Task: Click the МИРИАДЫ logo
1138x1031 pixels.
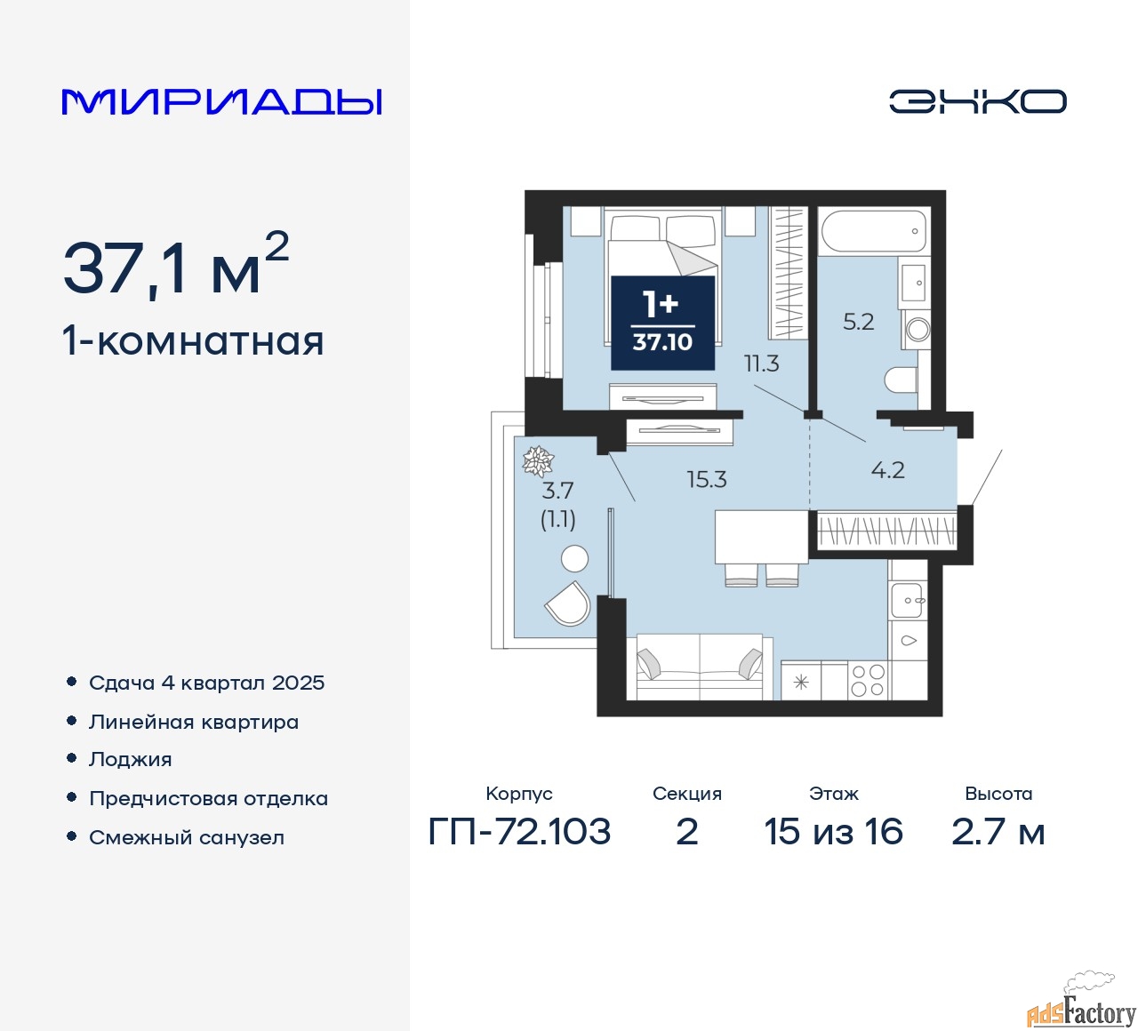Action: click(221, 102)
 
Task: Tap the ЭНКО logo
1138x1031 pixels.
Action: click(977, 101)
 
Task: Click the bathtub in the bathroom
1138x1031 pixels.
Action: click(874, 232)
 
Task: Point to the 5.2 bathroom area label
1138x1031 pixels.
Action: click(858, 322)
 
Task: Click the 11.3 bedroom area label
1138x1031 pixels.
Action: click(761, 364)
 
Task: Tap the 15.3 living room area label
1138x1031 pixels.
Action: click(707, 480)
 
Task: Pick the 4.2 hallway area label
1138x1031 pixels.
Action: click(888, 470)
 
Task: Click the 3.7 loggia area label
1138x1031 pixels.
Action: click(557, 490)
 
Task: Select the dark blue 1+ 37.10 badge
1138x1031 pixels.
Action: click(662, 324)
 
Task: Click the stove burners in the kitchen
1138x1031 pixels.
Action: click(869, 681)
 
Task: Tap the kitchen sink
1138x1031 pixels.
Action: click(907, 600)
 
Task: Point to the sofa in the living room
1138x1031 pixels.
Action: click(700, 667)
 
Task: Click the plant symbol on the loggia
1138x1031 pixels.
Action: click(538, 460)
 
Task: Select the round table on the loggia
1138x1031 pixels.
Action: click(574, 558)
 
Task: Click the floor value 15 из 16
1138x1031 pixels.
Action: click(833, 832)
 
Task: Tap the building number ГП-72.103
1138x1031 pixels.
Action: click(519, 832)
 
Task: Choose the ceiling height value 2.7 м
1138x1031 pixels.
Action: click(998, 832)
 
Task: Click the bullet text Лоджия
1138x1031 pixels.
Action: click(130, 760)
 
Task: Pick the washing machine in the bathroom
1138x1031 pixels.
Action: click(917, 328)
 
